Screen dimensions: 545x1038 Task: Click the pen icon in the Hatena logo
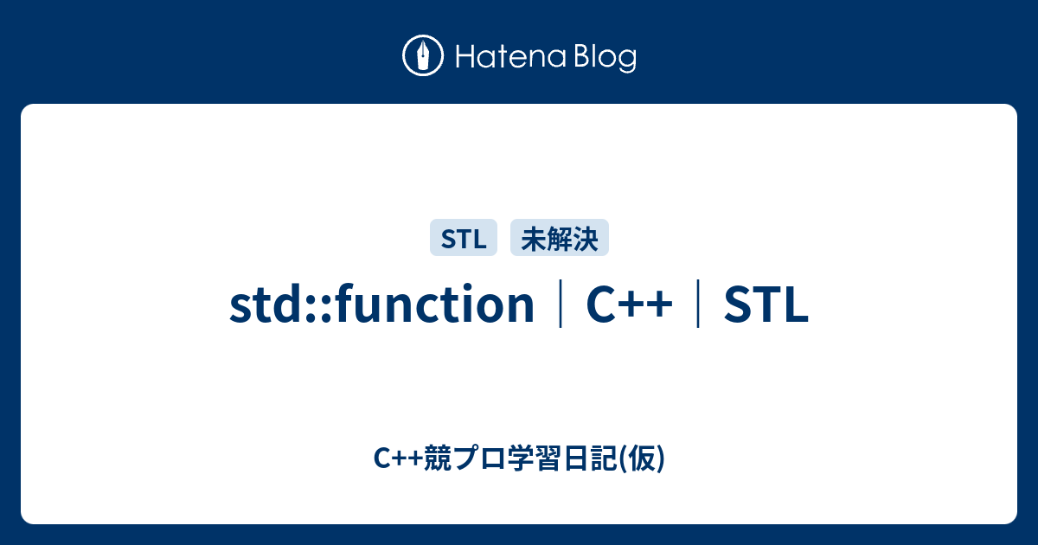pos(423,56)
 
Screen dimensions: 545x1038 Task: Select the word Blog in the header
pos(603,57)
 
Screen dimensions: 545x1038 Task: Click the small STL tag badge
pos(464,238)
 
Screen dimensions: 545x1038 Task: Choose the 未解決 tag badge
pos(560,238)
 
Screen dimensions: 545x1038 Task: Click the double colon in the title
pos(320,308)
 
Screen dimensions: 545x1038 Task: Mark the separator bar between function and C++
pos(561,306)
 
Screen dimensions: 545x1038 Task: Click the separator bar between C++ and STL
pos(698,306)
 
